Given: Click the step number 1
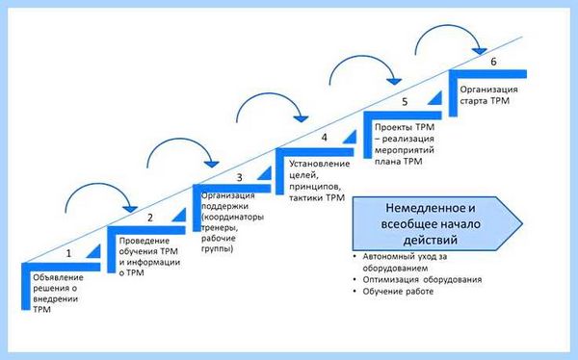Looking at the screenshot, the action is coord(68,253).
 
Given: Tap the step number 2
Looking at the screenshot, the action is coord(150,218).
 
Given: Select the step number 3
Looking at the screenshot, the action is coord(239,178).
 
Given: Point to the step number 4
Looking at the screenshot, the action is coord(325,138).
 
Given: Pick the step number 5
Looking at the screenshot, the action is coord(405,102).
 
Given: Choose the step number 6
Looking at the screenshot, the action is coord(493,62).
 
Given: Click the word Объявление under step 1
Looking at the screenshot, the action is coord(58,277).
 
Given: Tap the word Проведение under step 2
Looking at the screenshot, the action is coord(144,241).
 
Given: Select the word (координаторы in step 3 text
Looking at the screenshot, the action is coord(232,217).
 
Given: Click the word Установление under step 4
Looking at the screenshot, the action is coord(319,164).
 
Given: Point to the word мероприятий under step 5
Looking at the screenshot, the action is coord(405,150).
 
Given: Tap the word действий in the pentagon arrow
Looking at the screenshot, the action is coord(431,241).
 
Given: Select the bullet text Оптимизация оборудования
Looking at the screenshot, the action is coord(422,280).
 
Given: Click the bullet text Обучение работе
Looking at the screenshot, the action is coord(398,292).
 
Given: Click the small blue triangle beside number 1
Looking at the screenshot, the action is coord(94,251).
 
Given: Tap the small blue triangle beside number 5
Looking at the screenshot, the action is coord(435,98).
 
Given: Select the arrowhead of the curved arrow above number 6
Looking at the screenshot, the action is coord(480,51).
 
